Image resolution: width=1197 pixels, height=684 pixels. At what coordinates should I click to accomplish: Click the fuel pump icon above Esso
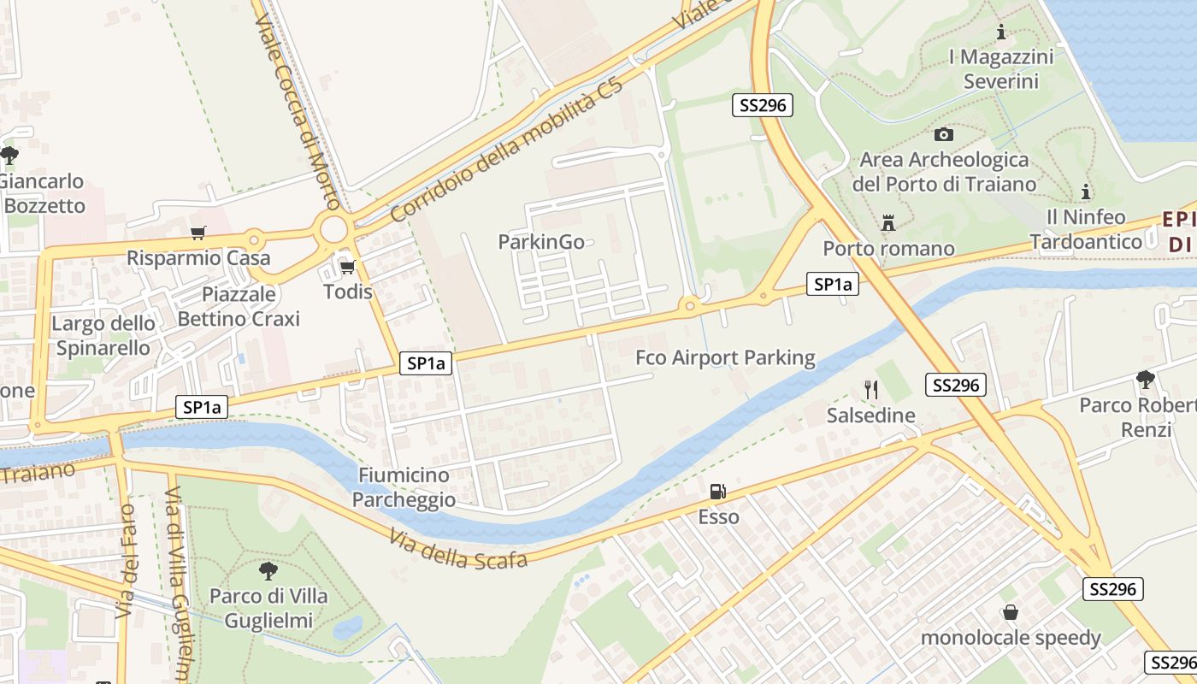pos(718,492)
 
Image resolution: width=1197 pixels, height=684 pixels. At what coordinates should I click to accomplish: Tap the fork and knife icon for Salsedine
pos(870,390)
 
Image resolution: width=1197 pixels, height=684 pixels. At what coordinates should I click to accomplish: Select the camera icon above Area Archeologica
pos(944,134)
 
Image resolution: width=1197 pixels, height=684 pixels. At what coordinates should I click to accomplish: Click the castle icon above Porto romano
pos(888,223)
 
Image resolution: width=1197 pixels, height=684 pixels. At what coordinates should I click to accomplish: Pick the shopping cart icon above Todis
pos(347,267)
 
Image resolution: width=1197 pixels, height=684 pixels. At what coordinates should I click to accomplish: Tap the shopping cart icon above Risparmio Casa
pos(198,233)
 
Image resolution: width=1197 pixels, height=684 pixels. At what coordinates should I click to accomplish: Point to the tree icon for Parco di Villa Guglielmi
pos(268,570)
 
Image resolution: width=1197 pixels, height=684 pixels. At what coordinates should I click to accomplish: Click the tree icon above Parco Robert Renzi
pos(1145,379)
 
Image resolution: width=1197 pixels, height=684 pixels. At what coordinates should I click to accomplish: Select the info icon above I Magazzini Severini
pos(1001,32)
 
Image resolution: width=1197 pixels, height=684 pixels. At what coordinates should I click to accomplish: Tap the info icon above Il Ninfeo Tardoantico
pos(1086,192)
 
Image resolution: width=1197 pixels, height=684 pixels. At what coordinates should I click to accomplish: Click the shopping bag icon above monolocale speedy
pos(1011,612)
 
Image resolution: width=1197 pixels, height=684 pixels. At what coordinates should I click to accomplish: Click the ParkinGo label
pos(541,242)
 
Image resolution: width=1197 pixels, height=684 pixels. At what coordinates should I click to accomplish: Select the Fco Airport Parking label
pos(725,357)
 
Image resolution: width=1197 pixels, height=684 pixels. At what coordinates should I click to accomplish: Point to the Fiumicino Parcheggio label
pos(404,487)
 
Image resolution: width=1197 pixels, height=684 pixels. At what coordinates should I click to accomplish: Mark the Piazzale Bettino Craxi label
pos(239,306)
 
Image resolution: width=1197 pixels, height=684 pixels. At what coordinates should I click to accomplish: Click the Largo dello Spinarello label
pos(103,335)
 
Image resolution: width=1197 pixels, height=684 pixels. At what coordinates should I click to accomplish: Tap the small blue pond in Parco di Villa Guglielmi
pos(347,628)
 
